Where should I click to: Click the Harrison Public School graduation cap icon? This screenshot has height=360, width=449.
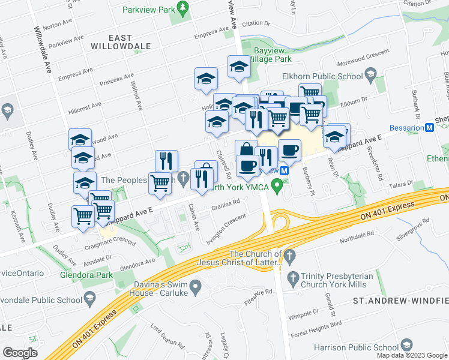pos(407,346)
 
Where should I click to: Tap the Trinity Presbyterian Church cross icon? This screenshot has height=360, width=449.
pos(293,278)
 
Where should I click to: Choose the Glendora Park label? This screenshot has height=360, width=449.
pos(86,275)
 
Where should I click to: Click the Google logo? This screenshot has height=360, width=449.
pos(20,353)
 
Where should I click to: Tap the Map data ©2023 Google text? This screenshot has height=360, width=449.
pos(412,355)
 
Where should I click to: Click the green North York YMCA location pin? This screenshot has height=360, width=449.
pos(276,188)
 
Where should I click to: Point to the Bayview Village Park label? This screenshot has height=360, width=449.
pos(272,55)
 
